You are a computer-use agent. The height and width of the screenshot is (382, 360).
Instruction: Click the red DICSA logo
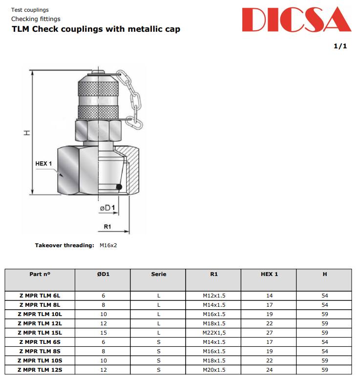click(296, 20)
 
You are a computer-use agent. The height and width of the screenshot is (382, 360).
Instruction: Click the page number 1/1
click(340, 46)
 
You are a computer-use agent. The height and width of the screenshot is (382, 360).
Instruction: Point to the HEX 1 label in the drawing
click(43, 164)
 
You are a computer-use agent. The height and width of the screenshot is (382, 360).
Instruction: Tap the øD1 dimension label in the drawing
click(107, 208)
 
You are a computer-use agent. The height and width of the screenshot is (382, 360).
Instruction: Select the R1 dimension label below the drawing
click(107, 227)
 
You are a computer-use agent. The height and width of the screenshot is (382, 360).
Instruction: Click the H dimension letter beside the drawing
click(27, 132)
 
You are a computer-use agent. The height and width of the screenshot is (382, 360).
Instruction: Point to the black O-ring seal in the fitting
click(119, 187)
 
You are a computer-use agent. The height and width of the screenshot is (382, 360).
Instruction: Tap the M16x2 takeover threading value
click(108, 245)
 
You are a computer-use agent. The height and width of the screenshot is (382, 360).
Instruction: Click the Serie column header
click(158, 274)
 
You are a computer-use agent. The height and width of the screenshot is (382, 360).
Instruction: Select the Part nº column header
click(40, 274)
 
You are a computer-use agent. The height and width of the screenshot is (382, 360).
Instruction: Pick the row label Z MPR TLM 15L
click(40, 333)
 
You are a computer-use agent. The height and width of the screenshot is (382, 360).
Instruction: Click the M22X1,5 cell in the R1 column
click(214, 333)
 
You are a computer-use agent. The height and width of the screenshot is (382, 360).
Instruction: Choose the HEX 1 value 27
click(269, 333)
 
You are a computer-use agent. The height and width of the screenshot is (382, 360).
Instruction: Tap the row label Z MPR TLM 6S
click(40, 342)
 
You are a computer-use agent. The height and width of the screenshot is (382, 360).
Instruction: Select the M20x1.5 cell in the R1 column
click(214, 370)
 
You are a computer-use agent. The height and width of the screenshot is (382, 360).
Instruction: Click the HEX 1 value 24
click(269, 370)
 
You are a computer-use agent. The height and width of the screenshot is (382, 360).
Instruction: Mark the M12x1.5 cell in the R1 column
click(214, 296)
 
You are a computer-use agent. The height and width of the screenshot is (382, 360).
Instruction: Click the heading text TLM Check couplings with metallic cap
click(96, 29)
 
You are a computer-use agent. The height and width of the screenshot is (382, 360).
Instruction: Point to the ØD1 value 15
click(103, 333)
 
